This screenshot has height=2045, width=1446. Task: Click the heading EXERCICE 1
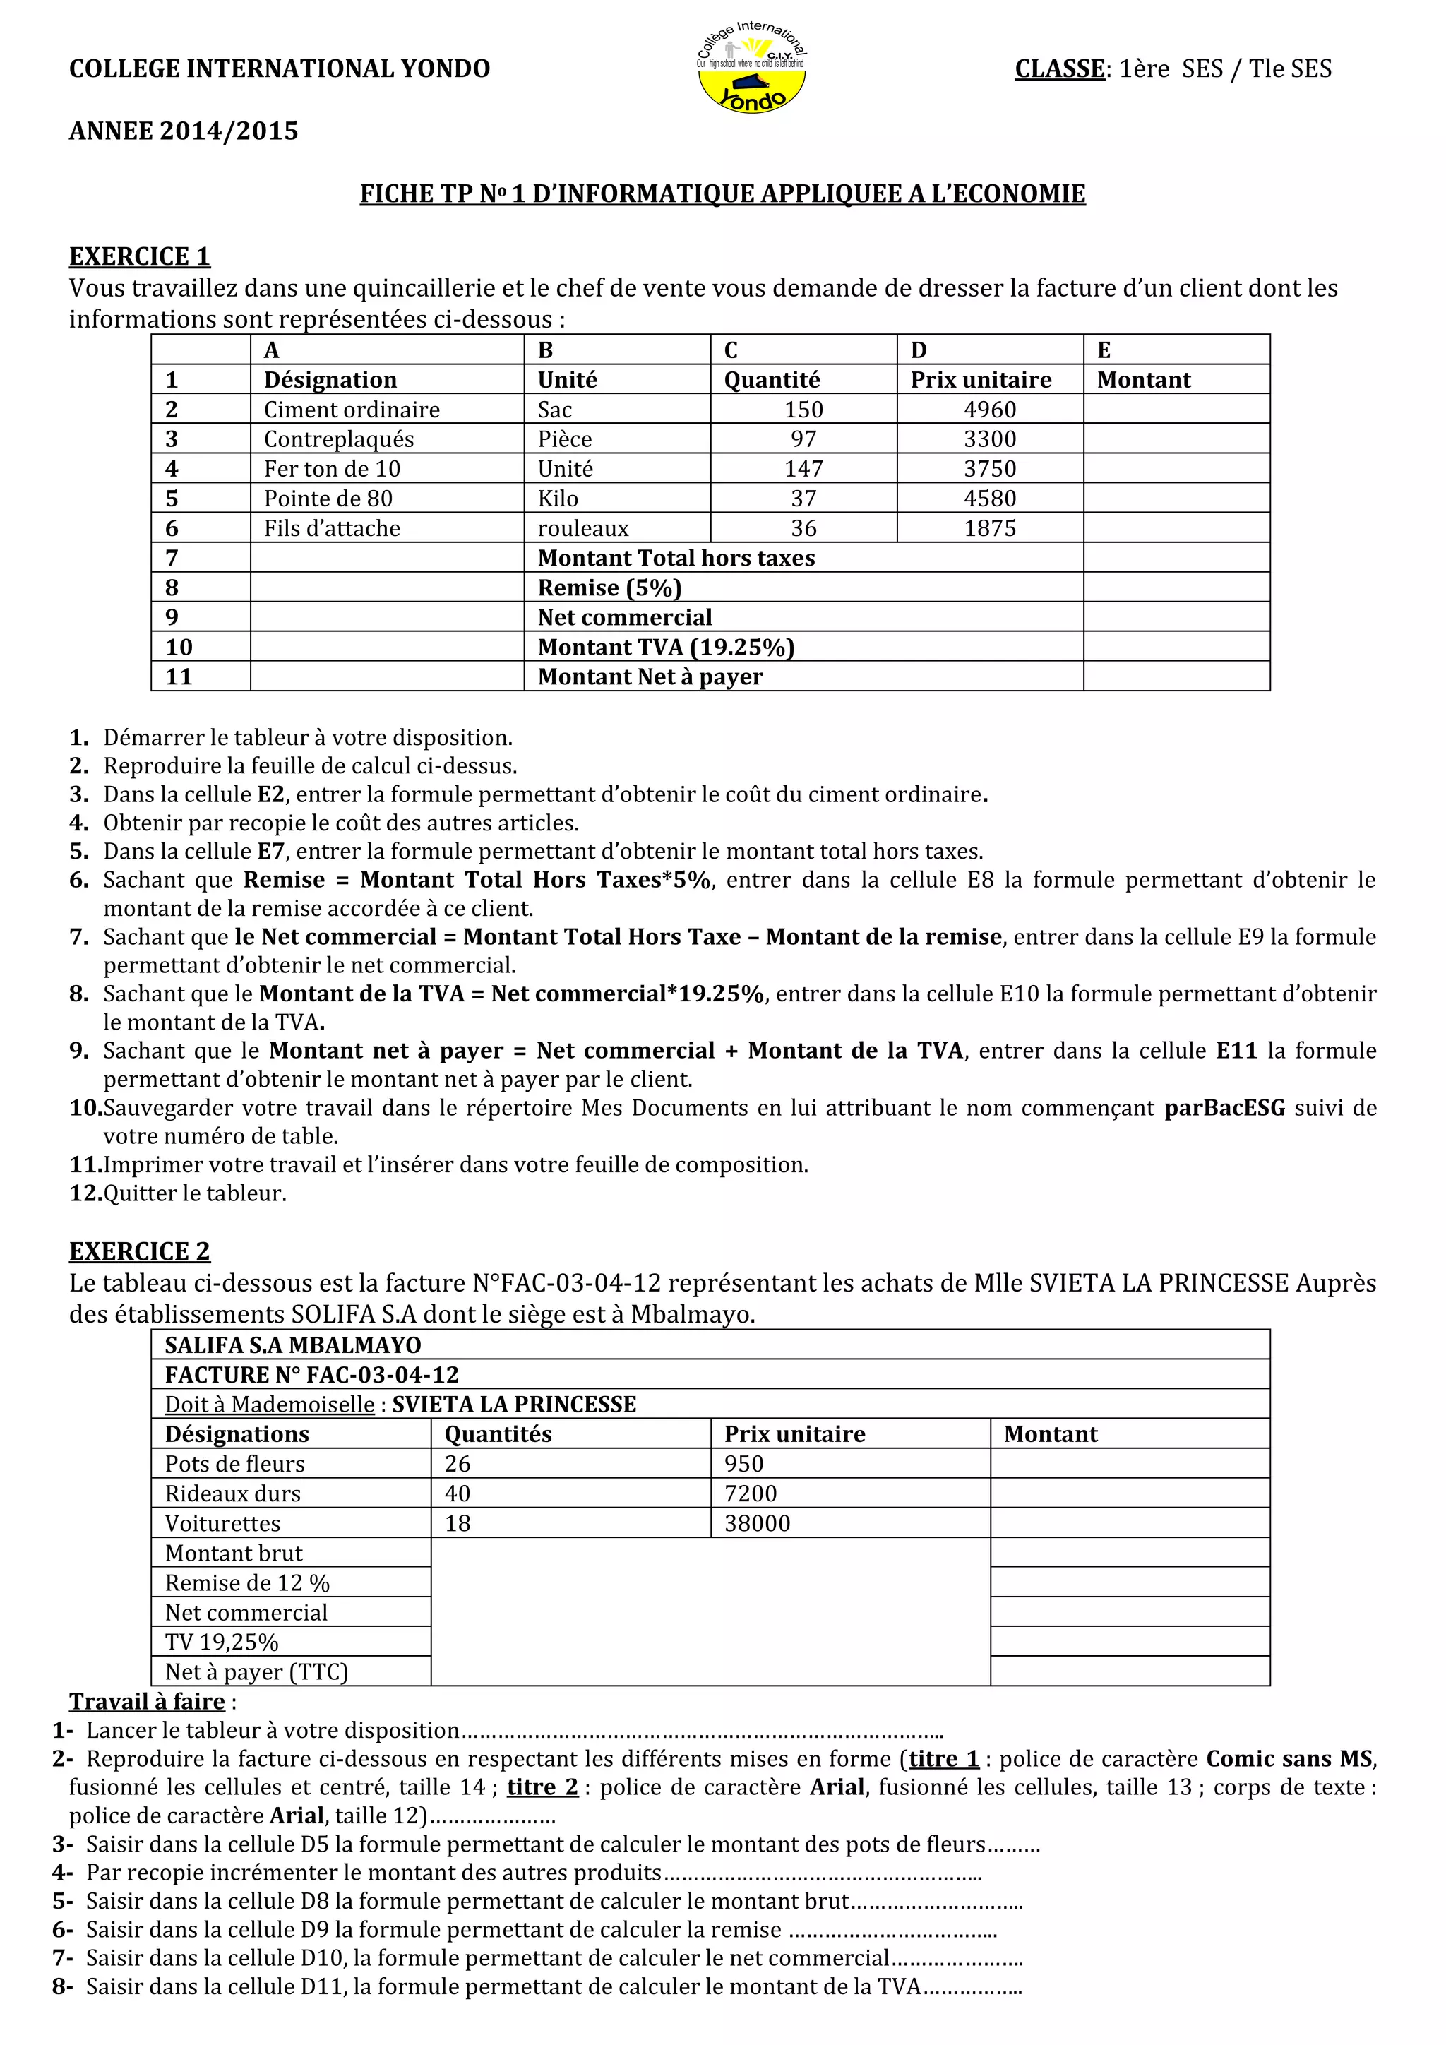[x=140, y=256]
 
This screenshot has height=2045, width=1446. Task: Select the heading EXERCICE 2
[x=140, y=1251]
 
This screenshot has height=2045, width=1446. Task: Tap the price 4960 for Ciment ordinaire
[x=989, y=410]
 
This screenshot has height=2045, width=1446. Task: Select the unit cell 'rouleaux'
[x=582, y=528]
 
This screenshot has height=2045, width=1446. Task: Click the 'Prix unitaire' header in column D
[x=980, y=381]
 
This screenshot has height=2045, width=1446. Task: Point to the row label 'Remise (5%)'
[x=609, y=588]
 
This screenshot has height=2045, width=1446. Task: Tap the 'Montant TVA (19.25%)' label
[x=665, y=648]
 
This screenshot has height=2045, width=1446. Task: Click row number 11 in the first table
[x=179, y=677]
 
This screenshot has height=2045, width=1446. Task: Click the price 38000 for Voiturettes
[x=757, y=1523]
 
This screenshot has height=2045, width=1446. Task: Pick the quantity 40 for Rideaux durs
[x=458, y=1493]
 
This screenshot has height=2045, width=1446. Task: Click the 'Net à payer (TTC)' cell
[x=256, y=1672]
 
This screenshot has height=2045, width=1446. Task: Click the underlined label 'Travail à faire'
[x=147, y=1702]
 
